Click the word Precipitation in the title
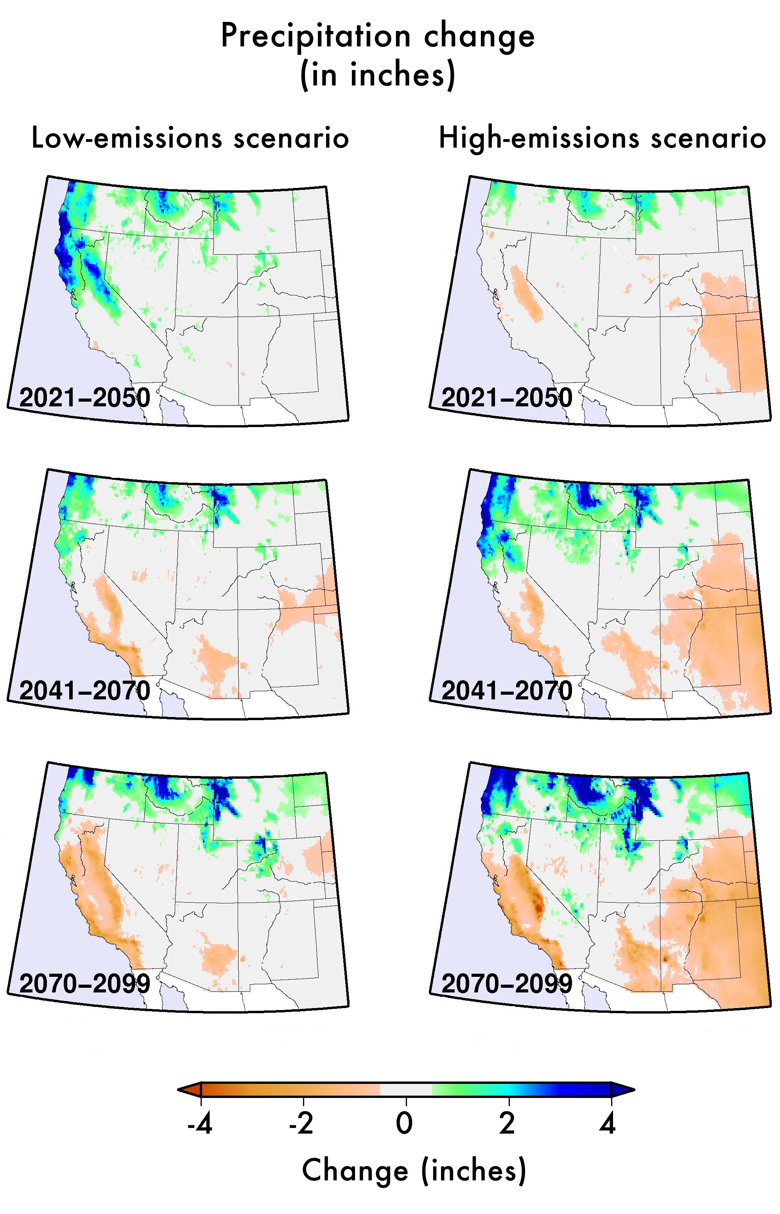(x=315, y=36)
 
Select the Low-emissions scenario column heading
(x=190, y=138)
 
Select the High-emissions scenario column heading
(x=602, y=138)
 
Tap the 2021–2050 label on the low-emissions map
(x=85, y=398)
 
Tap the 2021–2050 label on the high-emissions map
(x=507, y=398)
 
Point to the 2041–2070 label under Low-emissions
(x=85, y=691)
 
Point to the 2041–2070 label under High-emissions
(x=507, y=691)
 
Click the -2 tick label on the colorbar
(x=301, y=1123)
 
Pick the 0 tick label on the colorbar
(x=405, y=1123)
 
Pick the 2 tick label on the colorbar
(x=507, y=1123)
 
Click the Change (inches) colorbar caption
(x=414, y=1171)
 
